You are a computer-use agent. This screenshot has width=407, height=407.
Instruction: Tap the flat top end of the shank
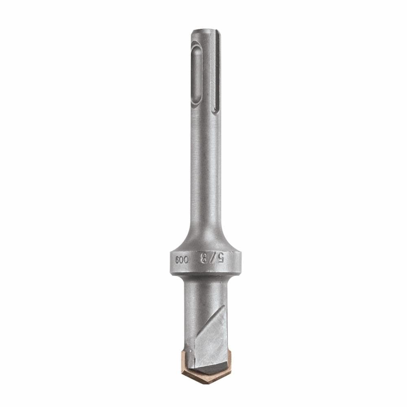(x=206, y=31)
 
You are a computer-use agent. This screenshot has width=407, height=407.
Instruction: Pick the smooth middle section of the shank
(x=206, y=171)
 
